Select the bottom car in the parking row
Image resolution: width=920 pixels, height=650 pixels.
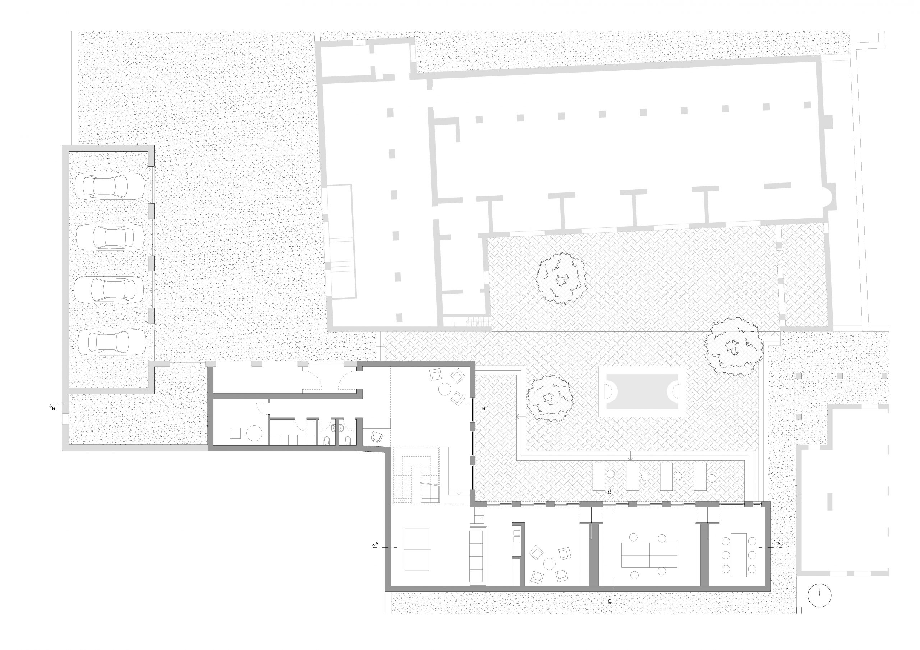111,342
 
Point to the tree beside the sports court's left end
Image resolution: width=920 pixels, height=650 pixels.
549,399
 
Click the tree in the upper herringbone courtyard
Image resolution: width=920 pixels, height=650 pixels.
561,278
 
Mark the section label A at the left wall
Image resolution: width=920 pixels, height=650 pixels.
376,543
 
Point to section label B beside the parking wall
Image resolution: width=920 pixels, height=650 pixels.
53,409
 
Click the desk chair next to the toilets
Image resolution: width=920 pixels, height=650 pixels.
377,437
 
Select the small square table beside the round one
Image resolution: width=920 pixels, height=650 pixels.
235,434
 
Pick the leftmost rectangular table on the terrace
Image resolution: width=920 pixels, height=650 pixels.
599,476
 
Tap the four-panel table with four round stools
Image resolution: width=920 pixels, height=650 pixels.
649,555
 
